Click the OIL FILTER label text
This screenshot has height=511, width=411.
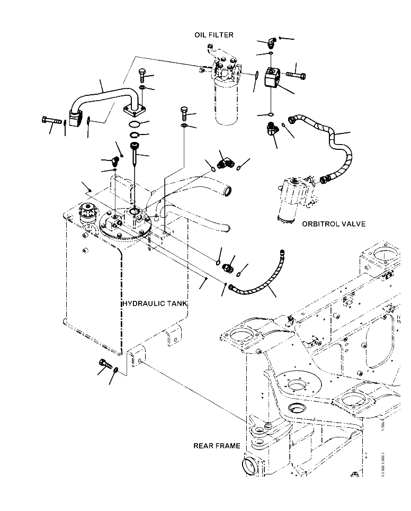214,35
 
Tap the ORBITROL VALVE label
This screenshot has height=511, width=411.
334,224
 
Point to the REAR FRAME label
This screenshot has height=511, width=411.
217,446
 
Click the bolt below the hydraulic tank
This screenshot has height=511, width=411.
104,364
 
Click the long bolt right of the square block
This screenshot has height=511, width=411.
295,75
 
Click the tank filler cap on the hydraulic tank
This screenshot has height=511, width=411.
86,212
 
